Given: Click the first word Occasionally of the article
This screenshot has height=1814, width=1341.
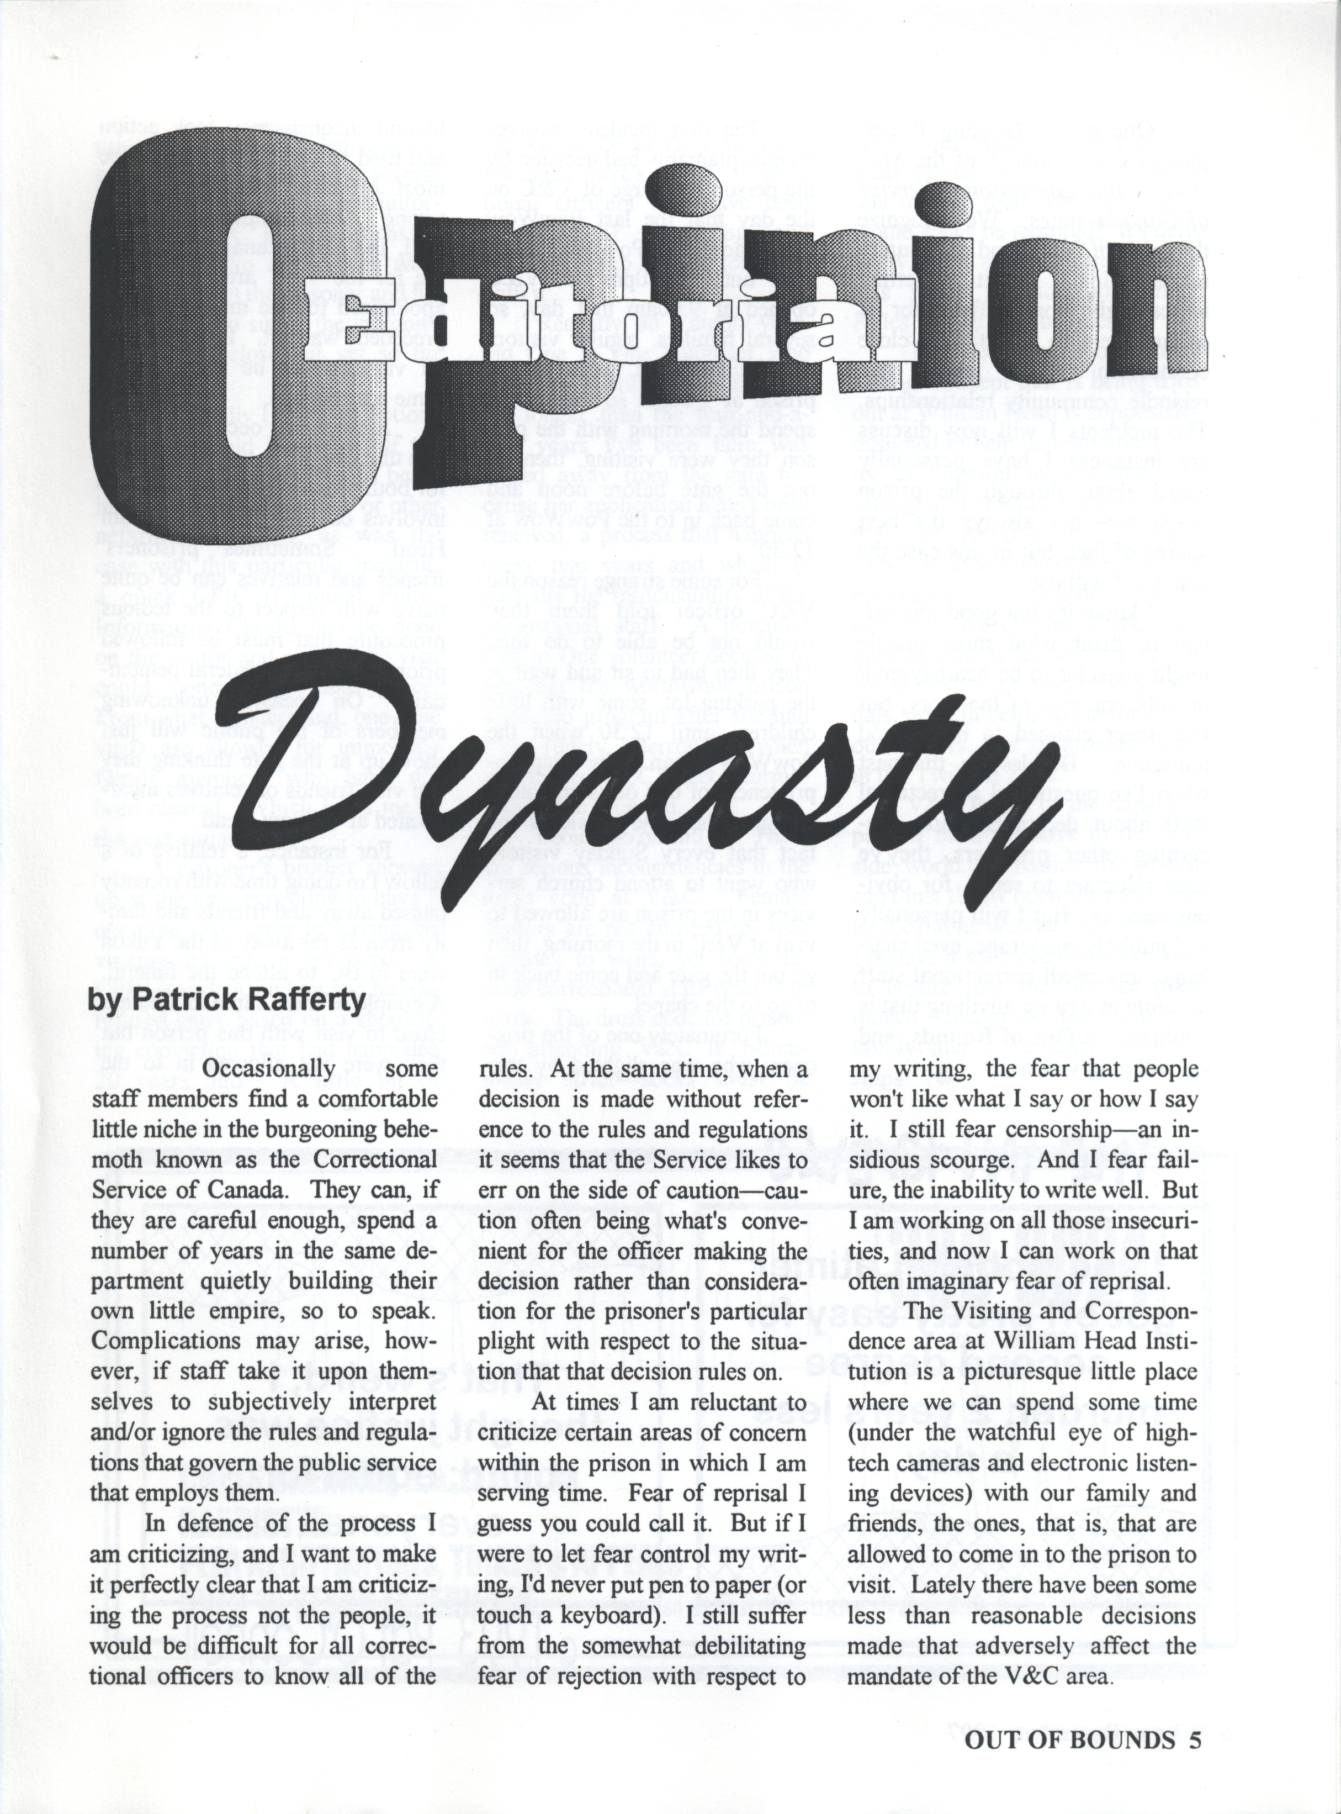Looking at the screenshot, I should [268, 1069].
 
